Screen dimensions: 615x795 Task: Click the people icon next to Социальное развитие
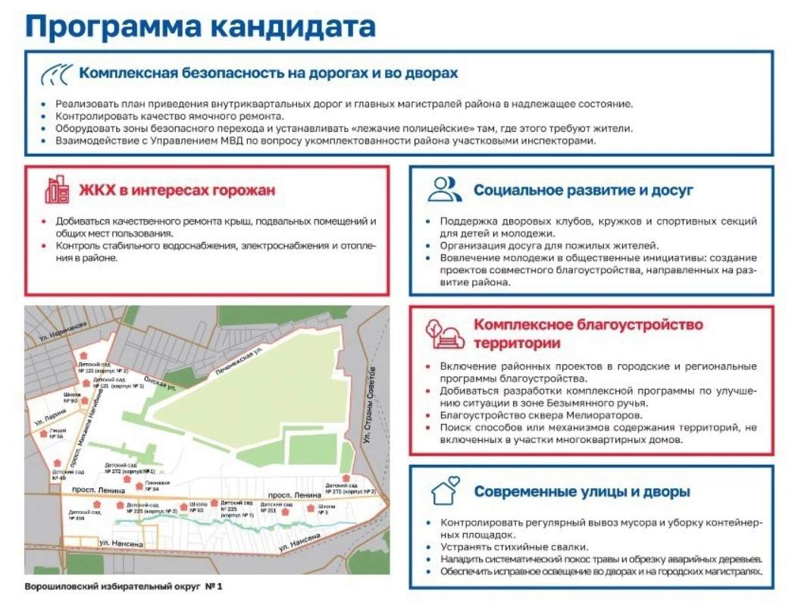[444, 189]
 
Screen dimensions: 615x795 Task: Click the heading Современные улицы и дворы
[582, 492]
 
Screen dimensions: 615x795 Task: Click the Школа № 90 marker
[84, 400]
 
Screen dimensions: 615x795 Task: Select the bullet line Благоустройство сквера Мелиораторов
[541, 416]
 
